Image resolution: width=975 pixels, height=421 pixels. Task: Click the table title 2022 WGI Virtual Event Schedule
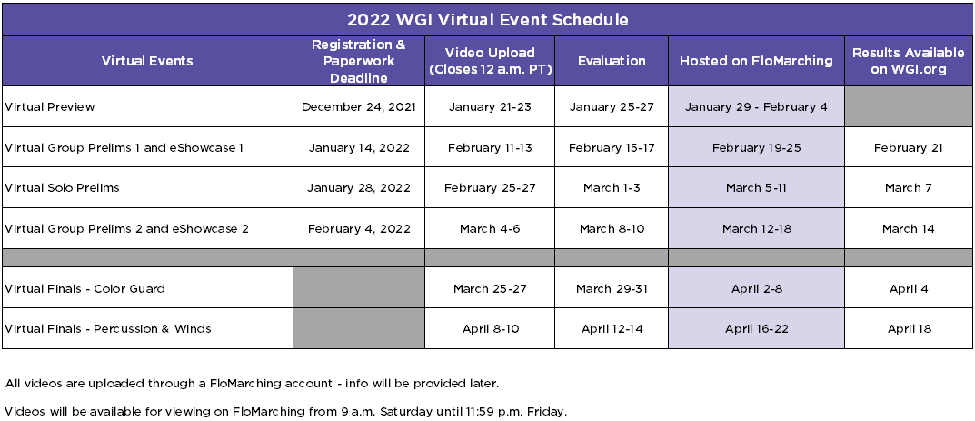(x=487, y=20)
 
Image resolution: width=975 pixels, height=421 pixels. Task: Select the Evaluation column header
(x=612, y=61)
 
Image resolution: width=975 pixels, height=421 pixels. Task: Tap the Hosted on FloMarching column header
(x=756, y=61)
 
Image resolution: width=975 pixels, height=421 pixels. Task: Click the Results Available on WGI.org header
(x=909, y=61)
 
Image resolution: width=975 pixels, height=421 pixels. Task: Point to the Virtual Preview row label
(x=50, y=107)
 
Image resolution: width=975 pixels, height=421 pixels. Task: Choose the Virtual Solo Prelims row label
(x=62, y=188)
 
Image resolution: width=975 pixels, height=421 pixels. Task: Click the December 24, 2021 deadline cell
(x=359, y=107)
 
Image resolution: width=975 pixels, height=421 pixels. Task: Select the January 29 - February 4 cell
(x=756, y=107)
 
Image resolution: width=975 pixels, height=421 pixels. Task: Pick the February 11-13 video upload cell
(x=490, y=148)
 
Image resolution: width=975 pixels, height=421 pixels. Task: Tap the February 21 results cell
(x=909, y=148)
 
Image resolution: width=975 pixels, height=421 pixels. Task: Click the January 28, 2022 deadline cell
(x=359, y=188)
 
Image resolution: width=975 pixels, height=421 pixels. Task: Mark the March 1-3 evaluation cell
(x=612, y=188)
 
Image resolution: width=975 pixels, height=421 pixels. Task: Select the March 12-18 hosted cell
(x=757, y=229)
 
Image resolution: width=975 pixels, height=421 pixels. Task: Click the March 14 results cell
(x=909, y=229)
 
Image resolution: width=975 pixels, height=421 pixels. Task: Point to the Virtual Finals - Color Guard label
(x=85, y=288)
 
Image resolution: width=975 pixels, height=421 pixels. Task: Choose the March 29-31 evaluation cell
(x=612, y=288)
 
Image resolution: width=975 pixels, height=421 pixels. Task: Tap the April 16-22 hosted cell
(x=757, y=329)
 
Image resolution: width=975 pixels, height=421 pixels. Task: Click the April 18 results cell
(x=909, y=329)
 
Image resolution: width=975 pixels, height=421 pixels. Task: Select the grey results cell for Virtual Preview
(x=909, y=107)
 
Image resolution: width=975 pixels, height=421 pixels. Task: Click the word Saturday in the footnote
(x=403, y=411)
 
